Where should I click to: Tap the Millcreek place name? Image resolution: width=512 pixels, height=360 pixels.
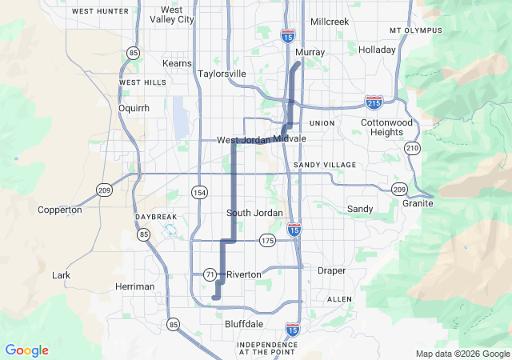click(330, 22)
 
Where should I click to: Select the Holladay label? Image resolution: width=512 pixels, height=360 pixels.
click(378, 50)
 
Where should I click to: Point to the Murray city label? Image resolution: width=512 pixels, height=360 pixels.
click(310, 53)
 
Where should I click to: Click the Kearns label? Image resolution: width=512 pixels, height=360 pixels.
click(177, 63)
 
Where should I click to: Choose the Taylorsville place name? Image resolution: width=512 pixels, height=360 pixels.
click(222, 74)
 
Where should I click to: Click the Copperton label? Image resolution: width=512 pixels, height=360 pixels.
click(60, 210)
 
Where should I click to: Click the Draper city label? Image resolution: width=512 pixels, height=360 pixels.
click(332, 271)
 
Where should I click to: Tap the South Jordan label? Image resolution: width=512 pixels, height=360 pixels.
click(254, 213)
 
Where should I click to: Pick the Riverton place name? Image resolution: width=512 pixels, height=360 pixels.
click(244, 274)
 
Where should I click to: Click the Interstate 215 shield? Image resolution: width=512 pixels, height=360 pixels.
click(374, 102)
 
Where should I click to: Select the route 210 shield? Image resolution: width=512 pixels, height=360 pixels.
click(412, 148)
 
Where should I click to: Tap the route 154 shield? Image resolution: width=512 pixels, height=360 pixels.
click(199, 193)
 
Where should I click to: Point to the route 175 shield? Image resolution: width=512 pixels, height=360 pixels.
click(267, 240)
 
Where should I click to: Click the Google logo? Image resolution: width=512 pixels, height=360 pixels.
click(26, 350)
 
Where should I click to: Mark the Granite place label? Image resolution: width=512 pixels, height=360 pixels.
click(418, 203)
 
